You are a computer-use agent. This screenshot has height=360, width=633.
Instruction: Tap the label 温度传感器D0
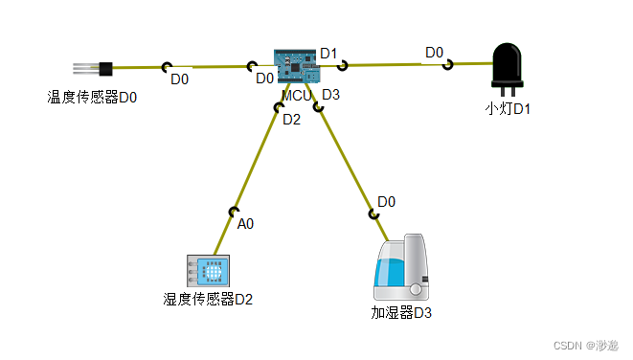(93, 96)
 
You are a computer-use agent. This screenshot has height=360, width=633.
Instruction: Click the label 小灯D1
(508, 108)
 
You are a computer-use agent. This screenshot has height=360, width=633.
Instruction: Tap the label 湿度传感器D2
(208, 299)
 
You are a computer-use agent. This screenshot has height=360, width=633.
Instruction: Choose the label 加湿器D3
(401, 312)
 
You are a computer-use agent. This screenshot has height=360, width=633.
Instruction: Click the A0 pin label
(245, 224)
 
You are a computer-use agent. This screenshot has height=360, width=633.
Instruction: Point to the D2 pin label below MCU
(291, 120)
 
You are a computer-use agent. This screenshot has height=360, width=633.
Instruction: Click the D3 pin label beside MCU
(330, 94)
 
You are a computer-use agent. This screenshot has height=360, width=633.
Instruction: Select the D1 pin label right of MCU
(328, 54)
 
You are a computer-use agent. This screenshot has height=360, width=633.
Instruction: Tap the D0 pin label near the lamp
(434, 53)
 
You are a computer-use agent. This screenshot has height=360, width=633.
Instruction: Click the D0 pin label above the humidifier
(387, 202)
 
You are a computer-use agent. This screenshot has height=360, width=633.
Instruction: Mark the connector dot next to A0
(233, 212)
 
